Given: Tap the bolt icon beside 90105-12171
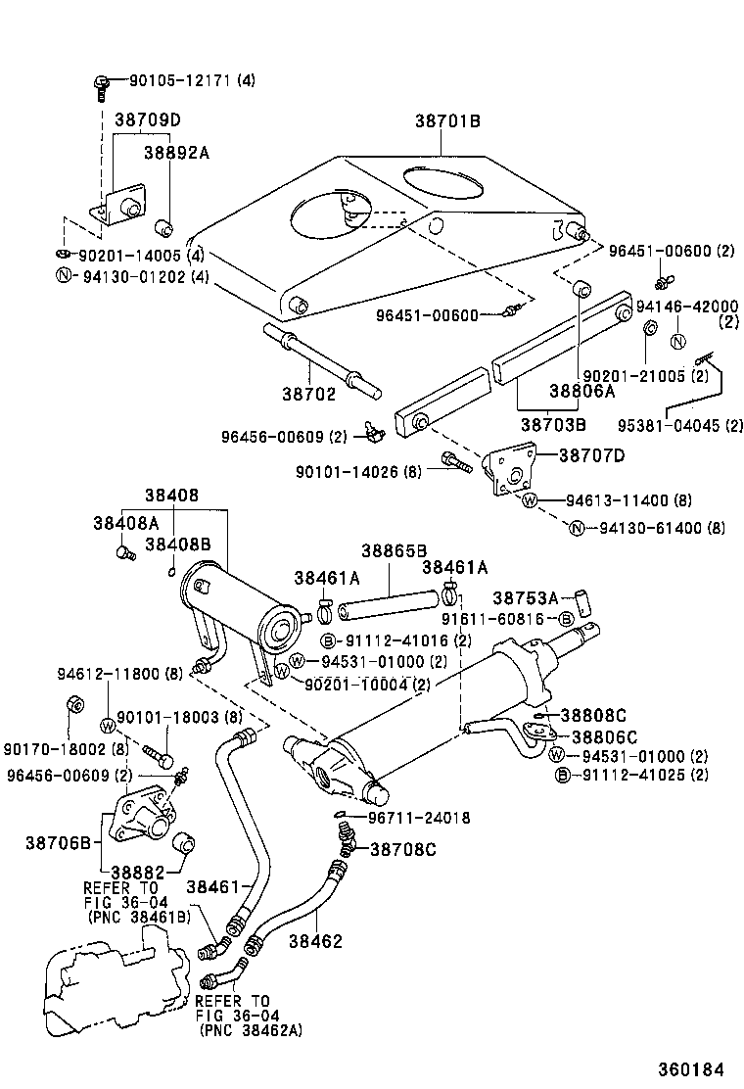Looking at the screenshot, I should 101,84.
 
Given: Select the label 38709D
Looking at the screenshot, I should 148,120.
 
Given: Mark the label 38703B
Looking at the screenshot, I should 553,425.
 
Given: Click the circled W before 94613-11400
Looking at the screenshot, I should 531,499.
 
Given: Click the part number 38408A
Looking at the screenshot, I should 126,523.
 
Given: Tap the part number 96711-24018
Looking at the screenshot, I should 419,818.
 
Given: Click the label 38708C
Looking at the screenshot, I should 402,848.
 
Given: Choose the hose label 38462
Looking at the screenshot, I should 315,941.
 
